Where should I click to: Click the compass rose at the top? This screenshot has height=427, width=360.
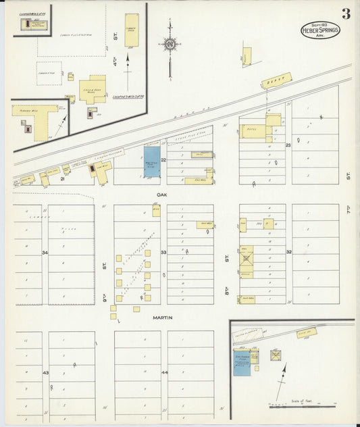coord(170,45)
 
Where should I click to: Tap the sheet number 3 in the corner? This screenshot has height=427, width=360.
coord(346,14)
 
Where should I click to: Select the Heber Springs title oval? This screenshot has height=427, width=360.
coord(320,30)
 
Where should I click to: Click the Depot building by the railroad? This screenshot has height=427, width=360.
coord(277,80)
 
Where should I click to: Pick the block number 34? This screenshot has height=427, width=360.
coord(45,253)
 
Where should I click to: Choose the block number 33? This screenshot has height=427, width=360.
coord(163,253)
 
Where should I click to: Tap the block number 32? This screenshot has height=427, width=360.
coord(288,253)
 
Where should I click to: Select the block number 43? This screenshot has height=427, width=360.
coord(45,373)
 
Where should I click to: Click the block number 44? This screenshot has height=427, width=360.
coord(164,373)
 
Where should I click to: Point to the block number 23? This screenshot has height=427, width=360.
coord(288,145)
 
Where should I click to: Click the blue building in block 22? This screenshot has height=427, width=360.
coord(152,162)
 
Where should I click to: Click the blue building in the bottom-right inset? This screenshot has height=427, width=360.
coord(241,362)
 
